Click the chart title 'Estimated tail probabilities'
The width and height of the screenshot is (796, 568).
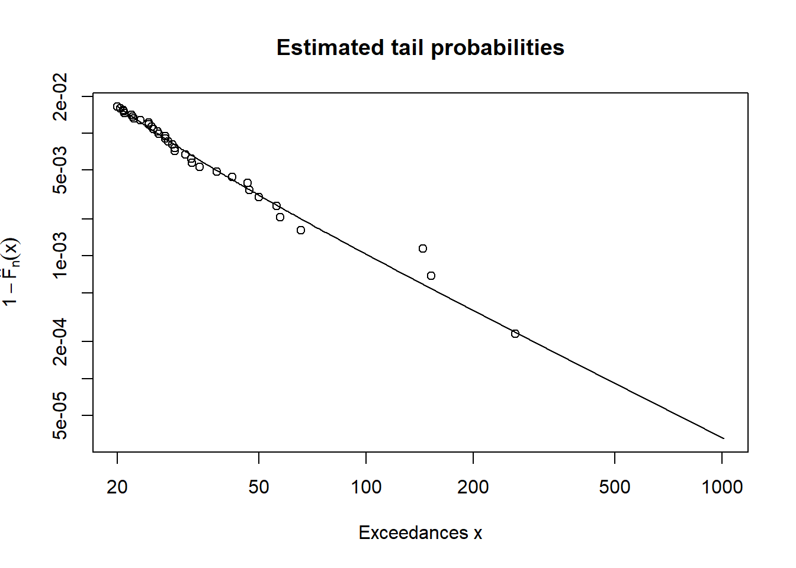tap(420, 48)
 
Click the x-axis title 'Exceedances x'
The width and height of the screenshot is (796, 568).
tap(420, 532)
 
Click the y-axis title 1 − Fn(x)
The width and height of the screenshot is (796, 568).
tap(11, 272)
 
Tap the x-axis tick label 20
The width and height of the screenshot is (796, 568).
tap(117, 487)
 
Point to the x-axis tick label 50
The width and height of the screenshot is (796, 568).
tap(259, 487)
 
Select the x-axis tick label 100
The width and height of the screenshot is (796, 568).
tap(366, 487)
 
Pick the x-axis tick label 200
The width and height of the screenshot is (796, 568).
tap(473, 487)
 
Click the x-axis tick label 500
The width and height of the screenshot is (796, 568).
tap(614, 487)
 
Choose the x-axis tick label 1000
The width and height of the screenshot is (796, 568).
tap(722, 487)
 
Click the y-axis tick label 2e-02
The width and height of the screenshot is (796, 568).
tap(60, 96)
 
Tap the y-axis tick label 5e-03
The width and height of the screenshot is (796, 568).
tap(60, 170)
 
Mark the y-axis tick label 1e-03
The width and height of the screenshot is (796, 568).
tap(60, 256)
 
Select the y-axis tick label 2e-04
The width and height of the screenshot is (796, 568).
tap(60, 341)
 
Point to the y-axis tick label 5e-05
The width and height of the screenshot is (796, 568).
tap(60, 415)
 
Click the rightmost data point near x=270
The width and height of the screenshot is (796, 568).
tap(515, 334)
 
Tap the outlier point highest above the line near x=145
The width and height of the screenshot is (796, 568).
tap(423, 248)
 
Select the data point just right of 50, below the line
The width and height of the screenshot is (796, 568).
tap(280, 217)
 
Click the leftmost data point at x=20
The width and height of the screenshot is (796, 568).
tap(117, 106)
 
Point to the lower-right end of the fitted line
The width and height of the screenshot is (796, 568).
tap(723, 438)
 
